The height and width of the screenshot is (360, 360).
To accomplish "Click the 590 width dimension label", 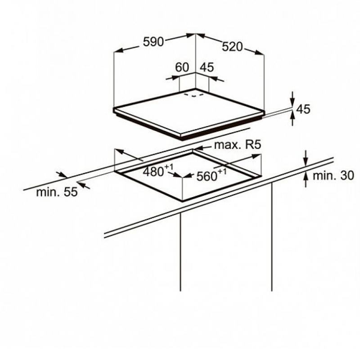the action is (153, 42).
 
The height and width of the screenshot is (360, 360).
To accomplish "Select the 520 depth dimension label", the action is (232, 47).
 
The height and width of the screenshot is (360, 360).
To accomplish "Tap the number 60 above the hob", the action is (182, 67).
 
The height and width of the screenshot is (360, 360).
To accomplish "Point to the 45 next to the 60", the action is (207, 67).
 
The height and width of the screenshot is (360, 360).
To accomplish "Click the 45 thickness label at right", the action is (303, 109).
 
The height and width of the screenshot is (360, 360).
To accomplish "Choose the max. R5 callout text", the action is (238, 145).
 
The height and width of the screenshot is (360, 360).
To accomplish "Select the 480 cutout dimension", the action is (153, 172).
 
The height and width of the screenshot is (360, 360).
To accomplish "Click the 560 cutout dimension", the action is (207, 176).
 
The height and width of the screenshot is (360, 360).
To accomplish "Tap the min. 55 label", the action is (57, 192).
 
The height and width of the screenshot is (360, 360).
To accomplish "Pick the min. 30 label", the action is (333, 175).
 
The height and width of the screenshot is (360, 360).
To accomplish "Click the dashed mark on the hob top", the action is (194, 95).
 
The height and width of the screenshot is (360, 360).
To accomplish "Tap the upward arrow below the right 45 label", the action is (292, 118).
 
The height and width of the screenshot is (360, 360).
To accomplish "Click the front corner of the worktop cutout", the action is (182, 201).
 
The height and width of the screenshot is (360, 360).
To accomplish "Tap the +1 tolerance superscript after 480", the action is (168, 167).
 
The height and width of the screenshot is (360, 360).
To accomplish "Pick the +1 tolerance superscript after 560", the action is (222, 171).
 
